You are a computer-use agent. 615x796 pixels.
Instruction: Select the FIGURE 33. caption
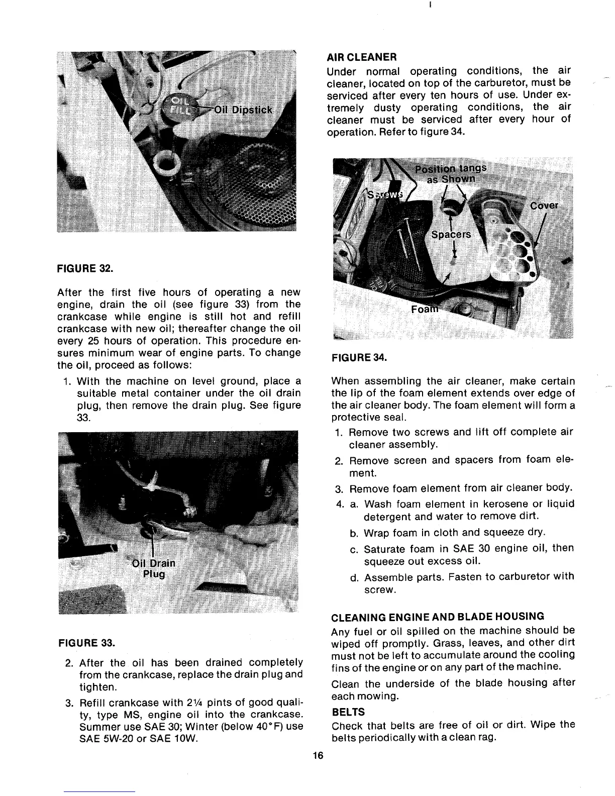coord(86,642)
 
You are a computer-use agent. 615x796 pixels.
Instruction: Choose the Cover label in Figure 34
coord(544,206)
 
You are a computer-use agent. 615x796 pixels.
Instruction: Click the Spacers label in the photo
coord(451,234)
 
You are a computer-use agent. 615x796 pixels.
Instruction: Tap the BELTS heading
coord(348,712)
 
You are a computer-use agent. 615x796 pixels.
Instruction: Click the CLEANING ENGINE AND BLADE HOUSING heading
coord(431,616)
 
